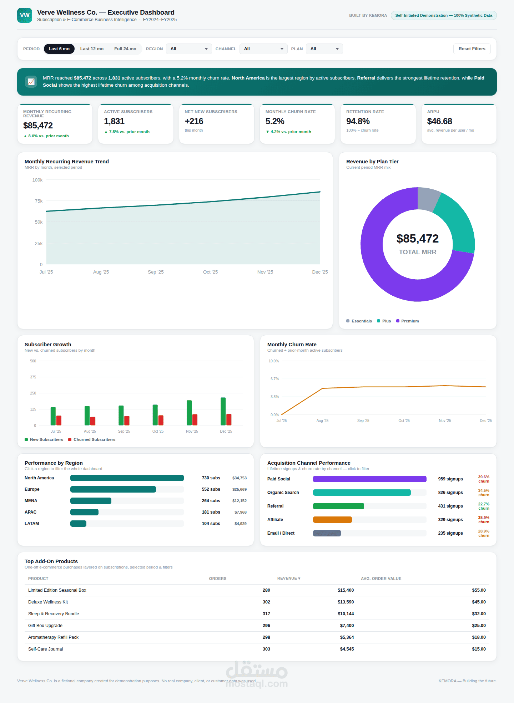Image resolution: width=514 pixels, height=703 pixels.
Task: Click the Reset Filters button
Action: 472,49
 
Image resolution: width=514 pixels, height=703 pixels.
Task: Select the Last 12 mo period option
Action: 92,49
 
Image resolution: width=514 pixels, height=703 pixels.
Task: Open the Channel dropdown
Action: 263,49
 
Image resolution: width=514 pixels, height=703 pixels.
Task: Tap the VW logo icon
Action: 25,15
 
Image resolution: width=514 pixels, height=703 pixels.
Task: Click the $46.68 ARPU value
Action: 439,121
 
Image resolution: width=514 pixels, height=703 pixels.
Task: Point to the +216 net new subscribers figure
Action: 194,121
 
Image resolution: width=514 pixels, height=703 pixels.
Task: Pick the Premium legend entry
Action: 407,321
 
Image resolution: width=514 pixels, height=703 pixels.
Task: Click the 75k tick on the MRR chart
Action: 39,201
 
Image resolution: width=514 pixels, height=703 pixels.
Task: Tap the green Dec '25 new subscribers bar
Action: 223,411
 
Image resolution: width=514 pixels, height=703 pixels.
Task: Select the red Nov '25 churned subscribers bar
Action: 195,420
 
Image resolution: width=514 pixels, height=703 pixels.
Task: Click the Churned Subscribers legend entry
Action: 92,439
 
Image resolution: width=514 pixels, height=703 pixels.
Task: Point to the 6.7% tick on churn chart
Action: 274,379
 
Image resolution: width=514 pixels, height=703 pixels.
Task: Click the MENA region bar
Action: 91,501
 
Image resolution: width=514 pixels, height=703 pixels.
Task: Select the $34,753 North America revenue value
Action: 240,478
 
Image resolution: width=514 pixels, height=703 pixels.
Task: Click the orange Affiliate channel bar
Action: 332,520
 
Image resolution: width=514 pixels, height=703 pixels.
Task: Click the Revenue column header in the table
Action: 289,578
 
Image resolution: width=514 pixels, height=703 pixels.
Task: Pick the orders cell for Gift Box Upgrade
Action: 266,626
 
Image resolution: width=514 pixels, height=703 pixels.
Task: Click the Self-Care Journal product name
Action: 46,649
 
